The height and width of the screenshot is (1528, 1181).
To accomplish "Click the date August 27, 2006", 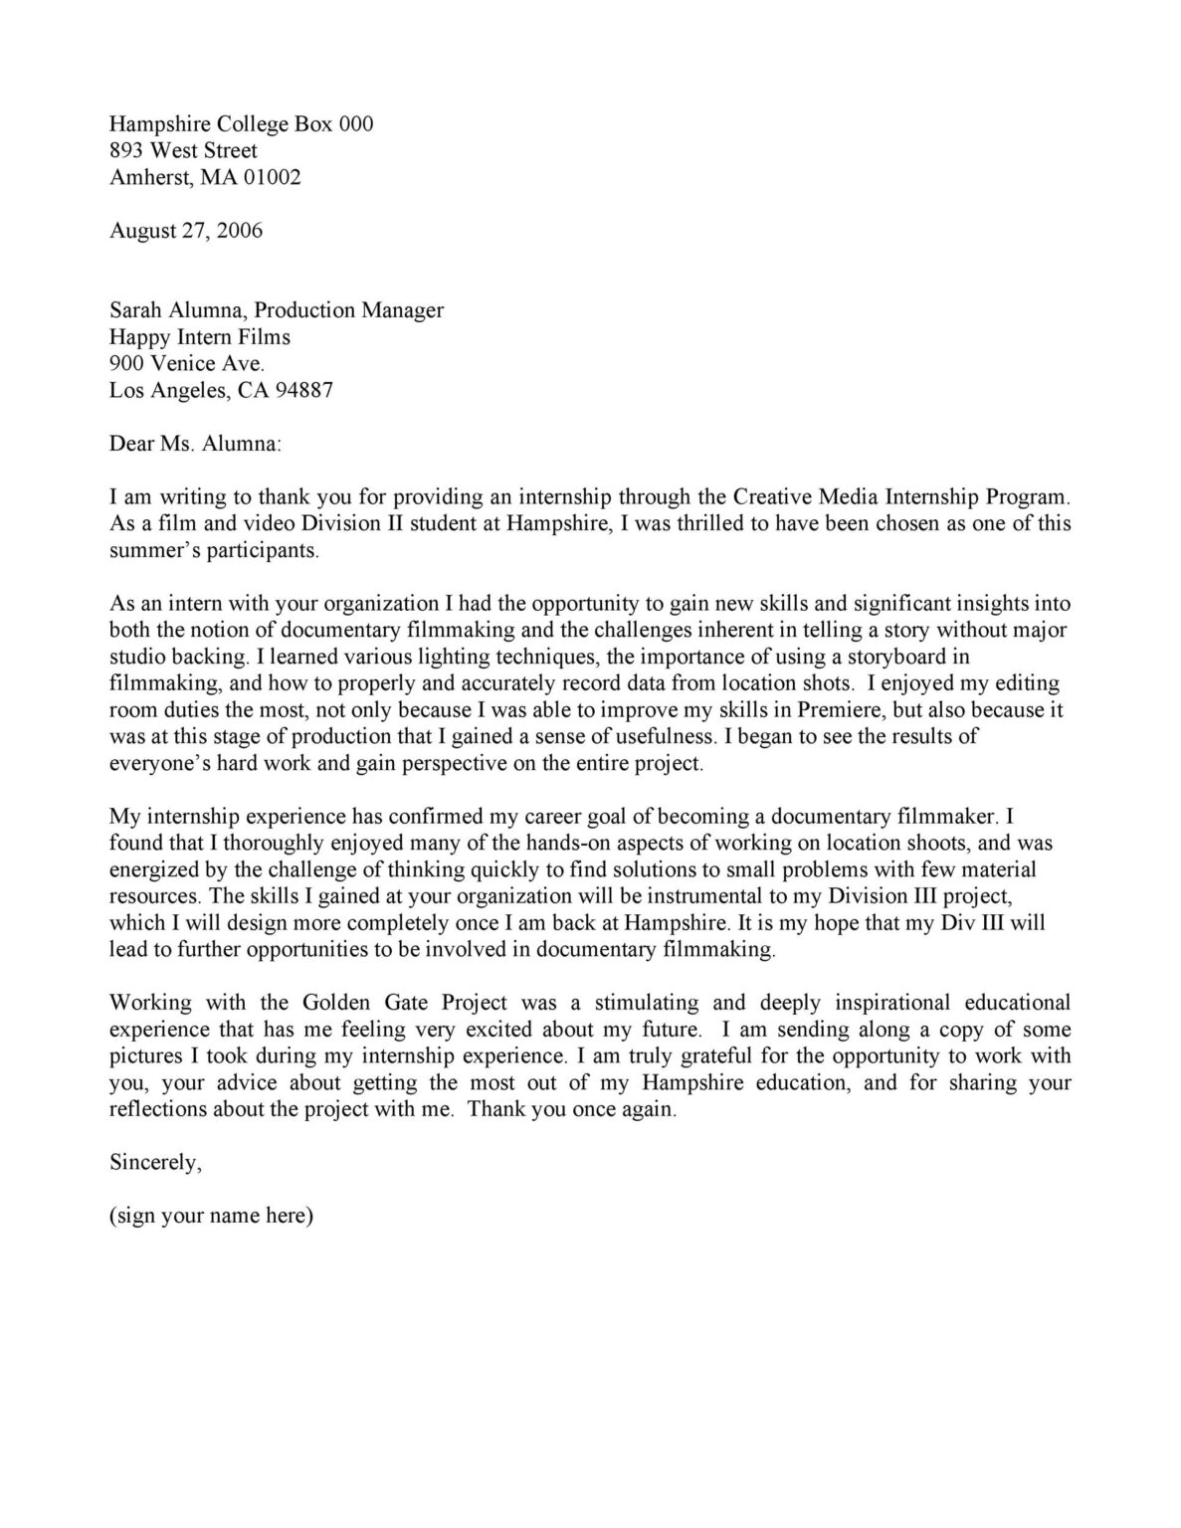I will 186,231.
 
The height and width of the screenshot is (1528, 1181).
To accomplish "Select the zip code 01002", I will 273,177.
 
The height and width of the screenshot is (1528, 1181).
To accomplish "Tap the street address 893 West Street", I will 183,150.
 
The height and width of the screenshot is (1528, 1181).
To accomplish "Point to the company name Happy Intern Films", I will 200,336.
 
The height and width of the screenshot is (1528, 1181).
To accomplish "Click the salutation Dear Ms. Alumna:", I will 195,444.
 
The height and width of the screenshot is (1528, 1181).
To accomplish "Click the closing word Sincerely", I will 155,1162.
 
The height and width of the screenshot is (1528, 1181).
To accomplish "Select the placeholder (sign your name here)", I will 211,1216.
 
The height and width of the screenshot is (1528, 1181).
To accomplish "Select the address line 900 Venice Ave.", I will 187,363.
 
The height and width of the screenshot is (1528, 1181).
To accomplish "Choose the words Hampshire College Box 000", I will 242,123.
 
